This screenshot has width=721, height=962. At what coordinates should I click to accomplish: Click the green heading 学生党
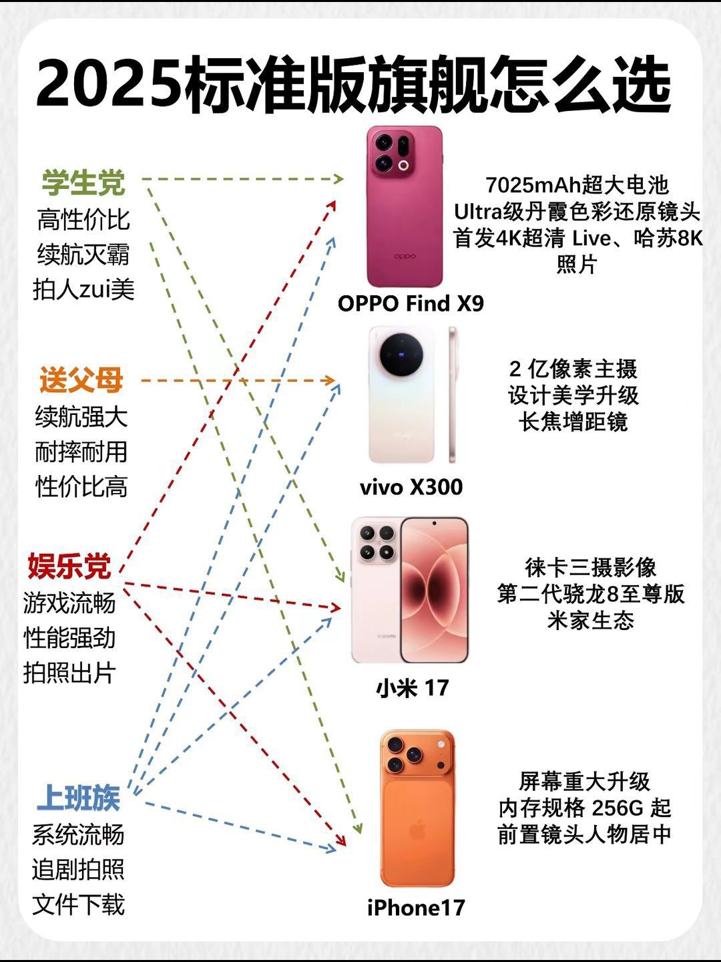point(83,183)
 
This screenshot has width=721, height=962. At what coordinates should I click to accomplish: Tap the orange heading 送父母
point(81,379)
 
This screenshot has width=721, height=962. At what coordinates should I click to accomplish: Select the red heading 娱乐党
point(69,567)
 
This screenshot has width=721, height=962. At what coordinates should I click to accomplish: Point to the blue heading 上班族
point(78,798)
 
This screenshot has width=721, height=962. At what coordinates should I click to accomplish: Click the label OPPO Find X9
point(411,303)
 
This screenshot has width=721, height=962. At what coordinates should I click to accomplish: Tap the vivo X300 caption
point(411,487)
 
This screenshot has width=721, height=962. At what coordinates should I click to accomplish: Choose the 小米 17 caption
point(412,687)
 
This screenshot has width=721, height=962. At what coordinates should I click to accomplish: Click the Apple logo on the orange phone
point(417,830)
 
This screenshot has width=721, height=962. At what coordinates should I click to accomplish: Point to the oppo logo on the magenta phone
point(405,256)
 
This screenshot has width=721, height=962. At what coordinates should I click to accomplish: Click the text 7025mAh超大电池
point(577,185)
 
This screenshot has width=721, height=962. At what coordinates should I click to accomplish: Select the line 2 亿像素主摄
point(573,369)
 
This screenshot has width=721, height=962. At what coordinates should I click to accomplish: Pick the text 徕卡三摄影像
point(591,568)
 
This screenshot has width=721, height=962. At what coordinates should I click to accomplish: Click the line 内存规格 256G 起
point(585,808)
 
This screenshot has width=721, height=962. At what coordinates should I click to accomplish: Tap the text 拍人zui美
point(83,289)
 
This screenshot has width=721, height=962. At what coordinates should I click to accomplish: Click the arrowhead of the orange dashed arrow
point(329,380)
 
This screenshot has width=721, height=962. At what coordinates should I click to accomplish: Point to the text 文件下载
point(78,904)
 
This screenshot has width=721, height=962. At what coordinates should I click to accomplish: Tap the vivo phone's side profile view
point(452,394)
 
